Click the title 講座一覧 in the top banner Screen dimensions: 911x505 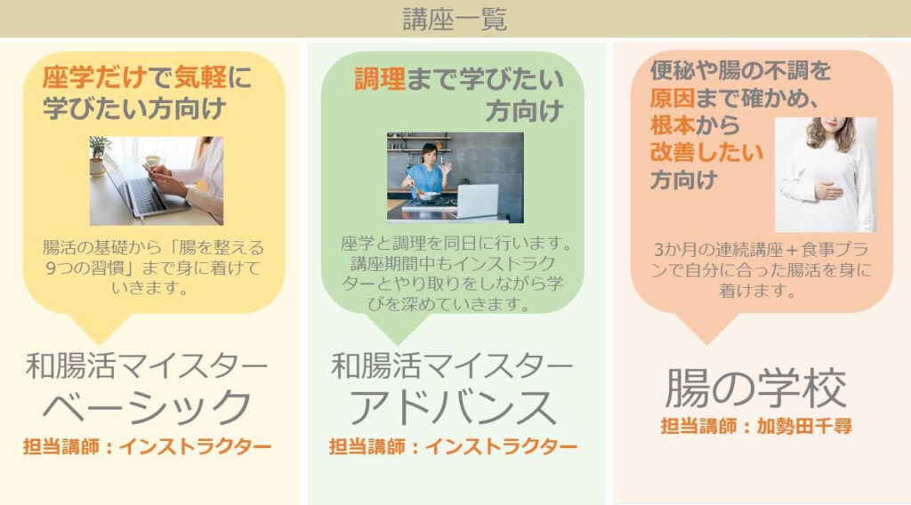(455, 19)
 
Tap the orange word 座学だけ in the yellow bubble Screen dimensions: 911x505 (94, 77)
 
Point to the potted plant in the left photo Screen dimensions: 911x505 (99, 155)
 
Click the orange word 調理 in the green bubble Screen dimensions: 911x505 (380, 79)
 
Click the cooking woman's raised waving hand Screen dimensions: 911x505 (447, 169)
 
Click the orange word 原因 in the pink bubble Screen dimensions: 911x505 (673, 98)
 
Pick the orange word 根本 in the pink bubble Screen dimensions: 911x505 (673, 125)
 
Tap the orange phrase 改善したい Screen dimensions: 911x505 (706, 153)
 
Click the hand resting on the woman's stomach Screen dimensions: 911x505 (827, 189)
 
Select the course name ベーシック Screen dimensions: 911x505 (148, 407)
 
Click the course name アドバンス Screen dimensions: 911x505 (453, 407)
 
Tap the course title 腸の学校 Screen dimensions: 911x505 (756, 388)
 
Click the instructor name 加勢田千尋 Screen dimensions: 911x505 (804, 426)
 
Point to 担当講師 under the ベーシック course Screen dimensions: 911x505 (61, 446)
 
